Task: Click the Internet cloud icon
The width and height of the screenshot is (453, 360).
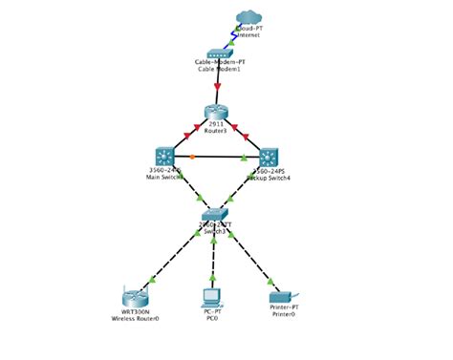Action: [248, 17]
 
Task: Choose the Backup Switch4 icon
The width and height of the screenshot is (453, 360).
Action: [269, 158]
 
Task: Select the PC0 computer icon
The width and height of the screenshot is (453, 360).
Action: [212, 295]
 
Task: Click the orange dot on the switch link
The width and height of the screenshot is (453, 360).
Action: [192, 156]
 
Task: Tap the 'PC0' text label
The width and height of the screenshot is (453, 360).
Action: [212, 318]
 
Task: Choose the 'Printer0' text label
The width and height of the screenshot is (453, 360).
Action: [283, 314]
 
